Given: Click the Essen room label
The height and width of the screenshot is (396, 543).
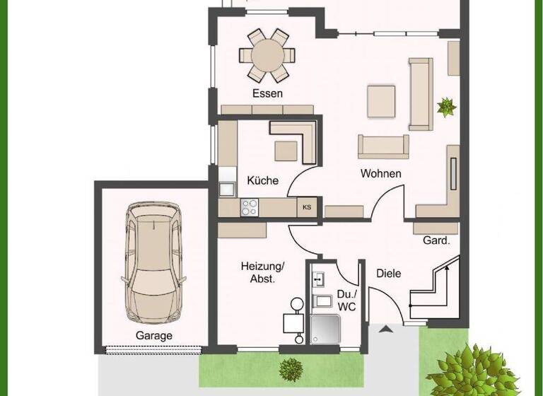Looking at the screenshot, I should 267,93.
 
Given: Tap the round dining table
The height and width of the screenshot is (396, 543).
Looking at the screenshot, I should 267,54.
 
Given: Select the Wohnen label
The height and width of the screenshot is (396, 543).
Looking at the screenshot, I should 380,173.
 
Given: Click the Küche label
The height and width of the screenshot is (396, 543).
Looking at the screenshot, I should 262,180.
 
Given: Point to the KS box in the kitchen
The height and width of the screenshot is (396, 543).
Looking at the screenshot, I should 307,207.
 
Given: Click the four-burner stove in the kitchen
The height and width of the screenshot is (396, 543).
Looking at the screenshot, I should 250,206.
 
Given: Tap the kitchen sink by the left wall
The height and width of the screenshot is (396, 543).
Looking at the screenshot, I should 227,188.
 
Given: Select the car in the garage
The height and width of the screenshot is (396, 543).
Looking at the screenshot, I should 153,262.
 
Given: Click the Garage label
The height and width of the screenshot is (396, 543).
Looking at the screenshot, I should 153,336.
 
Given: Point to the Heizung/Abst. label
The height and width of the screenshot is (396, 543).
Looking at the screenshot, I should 262,272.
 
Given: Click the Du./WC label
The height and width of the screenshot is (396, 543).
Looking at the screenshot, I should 346,300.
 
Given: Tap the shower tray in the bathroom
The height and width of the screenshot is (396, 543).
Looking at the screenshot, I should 326,330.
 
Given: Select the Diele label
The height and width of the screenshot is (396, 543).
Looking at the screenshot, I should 388,273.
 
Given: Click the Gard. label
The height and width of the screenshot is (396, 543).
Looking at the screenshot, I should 436,240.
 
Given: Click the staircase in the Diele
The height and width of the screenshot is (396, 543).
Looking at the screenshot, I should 434,290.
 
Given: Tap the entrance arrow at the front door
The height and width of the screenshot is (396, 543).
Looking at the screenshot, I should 385,329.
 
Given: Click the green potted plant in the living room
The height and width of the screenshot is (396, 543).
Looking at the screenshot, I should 446,107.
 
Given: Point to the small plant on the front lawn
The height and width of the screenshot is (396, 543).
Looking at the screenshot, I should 291,367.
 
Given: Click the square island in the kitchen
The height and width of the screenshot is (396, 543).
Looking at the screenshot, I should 286,151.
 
